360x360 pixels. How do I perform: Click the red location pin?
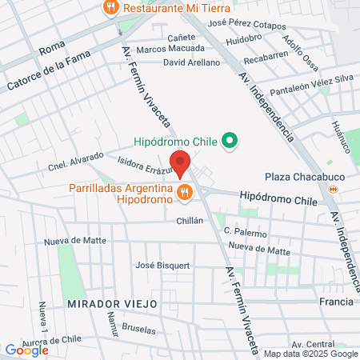180,162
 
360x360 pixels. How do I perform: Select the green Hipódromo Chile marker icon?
230,143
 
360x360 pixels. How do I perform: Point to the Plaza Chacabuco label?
297,177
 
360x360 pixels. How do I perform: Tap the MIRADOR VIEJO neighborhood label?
123,306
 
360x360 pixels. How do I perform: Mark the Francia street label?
335,302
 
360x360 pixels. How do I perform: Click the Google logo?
26,350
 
